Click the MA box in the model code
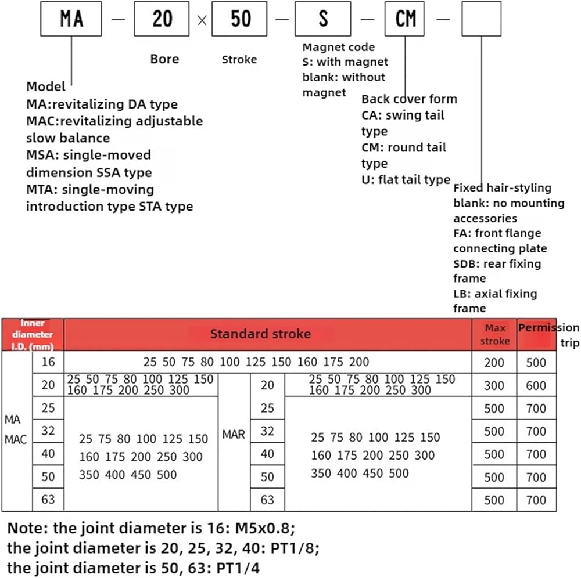tap(71, 19)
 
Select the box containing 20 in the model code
tap(162, 19)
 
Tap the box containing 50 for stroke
tap(241, 19)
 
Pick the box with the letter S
tap(322, 19)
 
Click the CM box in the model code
tap(405, 19)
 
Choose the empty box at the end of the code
tap(481, 19)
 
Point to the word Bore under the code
tap(164, 59)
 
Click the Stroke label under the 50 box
tap(239, 59)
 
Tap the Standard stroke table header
tap(260, 334)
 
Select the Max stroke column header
tap(494, 334)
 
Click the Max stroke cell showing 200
tap(494, 362)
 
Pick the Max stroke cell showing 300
tap(494, 385)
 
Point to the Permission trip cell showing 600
tap(536, 385)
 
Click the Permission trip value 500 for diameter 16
tap(536, 362)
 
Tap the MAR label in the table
tap(234, 433)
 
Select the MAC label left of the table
tap(16, 439)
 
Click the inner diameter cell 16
tap(48, 362)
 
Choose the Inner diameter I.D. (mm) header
tap(33, 334)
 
